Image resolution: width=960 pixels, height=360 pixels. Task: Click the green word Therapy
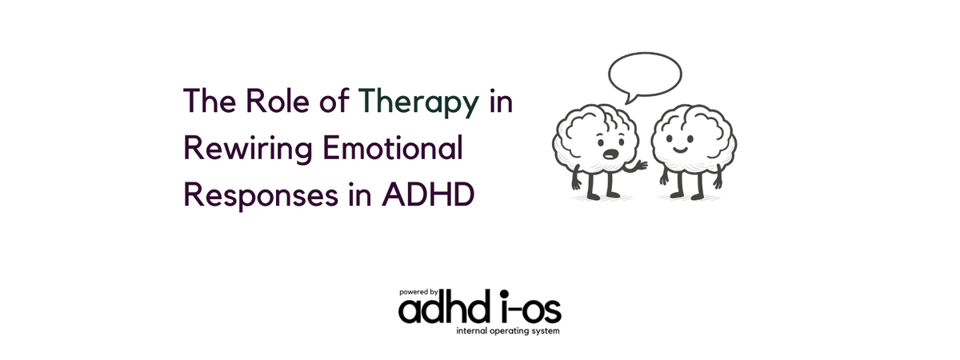click(x=418, y=102)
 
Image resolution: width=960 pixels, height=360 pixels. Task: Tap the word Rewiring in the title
click(x=248, y=149)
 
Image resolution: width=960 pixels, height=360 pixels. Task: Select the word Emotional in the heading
click(x=393, y=148)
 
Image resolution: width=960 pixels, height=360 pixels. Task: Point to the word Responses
click(x=261, y=196)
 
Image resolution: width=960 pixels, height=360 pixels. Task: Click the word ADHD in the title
click(x=428, y=194)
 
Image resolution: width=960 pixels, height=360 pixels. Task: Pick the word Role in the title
click(x=278, y=101)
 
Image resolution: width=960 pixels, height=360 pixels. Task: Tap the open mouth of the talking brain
click(x=610, y=154)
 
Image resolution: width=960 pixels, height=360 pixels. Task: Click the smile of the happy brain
click(x=680, y=150)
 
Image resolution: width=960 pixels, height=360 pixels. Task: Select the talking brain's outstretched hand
click(x=641, y=166)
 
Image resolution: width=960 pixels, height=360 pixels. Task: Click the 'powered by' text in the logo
click(x=418, y=293)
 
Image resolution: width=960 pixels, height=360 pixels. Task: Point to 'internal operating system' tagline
click(x=508, y=331)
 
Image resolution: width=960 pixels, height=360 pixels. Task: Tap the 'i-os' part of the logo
click(x=530, y=307)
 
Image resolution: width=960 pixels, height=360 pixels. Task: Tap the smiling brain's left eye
click(x=669, y=138)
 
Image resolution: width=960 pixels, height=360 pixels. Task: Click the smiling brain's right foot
click(x=698, y=197)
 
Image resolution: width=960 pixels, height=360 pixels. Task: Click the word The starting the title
click(x=210, y=101)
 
